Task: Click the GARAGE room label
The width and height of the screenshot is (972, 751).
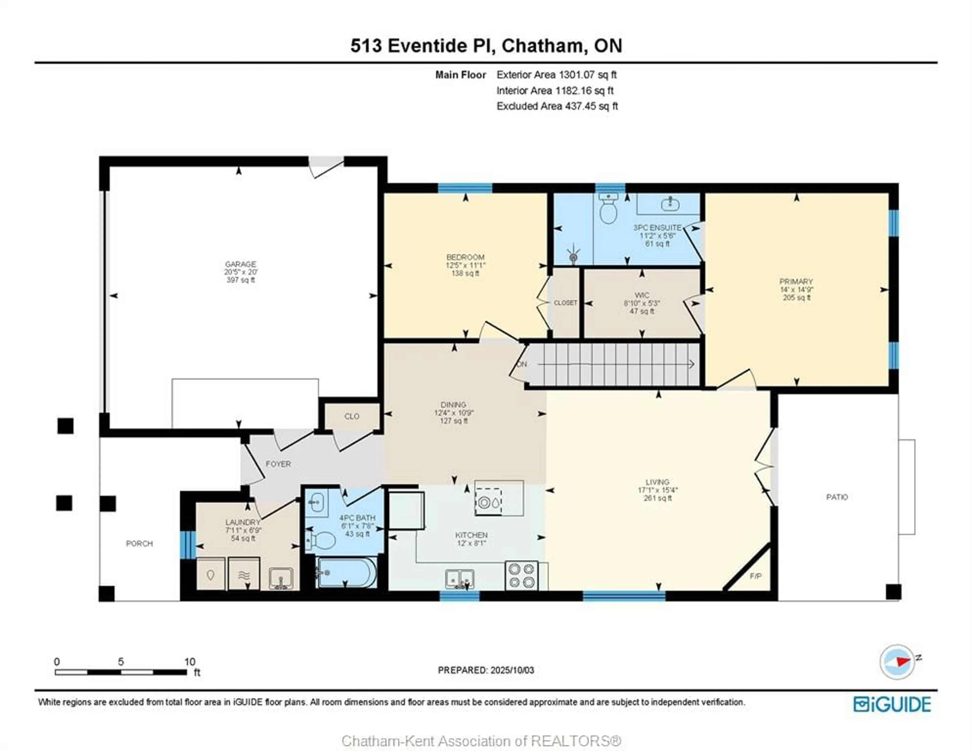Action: click(x=240, y=264)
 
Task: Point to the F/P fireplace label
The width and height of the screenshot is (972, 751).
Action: click(x=755, y=576)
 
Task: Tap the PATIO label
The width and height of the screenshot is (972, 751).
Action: click(x=837, y=497)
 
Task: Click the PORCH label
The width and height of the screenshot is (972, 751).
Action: click(x=139, y=543)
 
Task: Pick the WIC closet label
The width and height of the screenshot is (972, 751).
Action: click(x=642, y=295)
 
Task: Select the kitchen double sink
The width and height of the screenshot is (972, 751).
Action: click(x=460, y=579)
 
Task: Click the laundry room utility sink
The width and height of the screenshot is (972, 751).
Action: click(x=281, y=579)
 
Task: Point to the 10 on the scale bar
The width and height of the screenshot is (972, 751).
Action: click(x=190, y=661)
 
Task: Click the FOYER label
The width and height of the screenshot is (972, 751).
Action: click(x=278, y=464)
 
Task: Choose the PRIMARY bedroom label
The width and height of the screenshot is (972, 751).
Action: click(x=796, y=281)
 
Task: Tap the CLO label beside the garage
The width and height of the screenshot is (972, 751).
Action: click(x=352, y=416)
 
